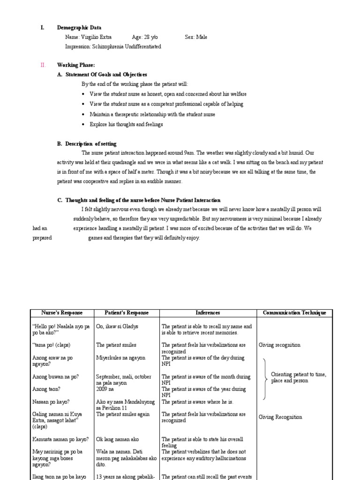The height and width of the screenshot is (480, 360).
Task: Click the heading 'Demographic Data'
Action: click(x=79, y=28)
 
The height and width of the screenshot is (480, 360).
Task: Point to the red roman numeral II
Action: click(x=42, y=65)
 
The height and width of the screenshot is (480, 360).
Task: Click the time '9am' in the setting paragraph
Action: click(x=189, y=153)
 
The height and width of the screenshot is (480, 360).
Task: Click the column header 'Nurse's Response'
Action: click(x=62, y=313)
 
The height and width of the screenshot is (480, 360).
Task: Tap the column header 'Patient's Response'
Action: click(x=127, y=313)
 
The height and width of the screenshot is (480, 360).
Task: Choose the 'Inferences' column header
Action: click(x=208, y=313)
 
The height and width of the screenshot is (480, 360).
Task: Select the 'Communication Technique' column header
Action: click(x=294, y=313)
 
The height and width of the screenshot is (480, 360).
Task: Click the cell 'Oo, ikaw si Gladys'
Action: click(x=117, y=326)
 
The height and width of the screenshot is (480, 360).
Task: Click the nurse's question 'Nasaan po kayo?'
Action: click(x=51, y=402)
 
